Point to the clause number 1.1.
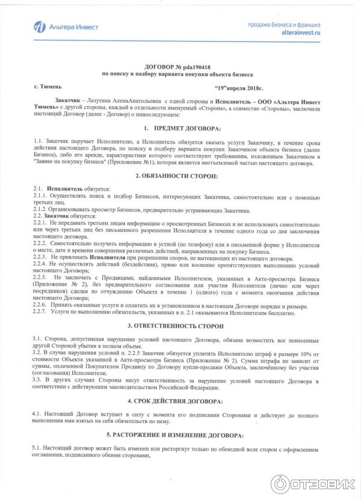39,140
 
